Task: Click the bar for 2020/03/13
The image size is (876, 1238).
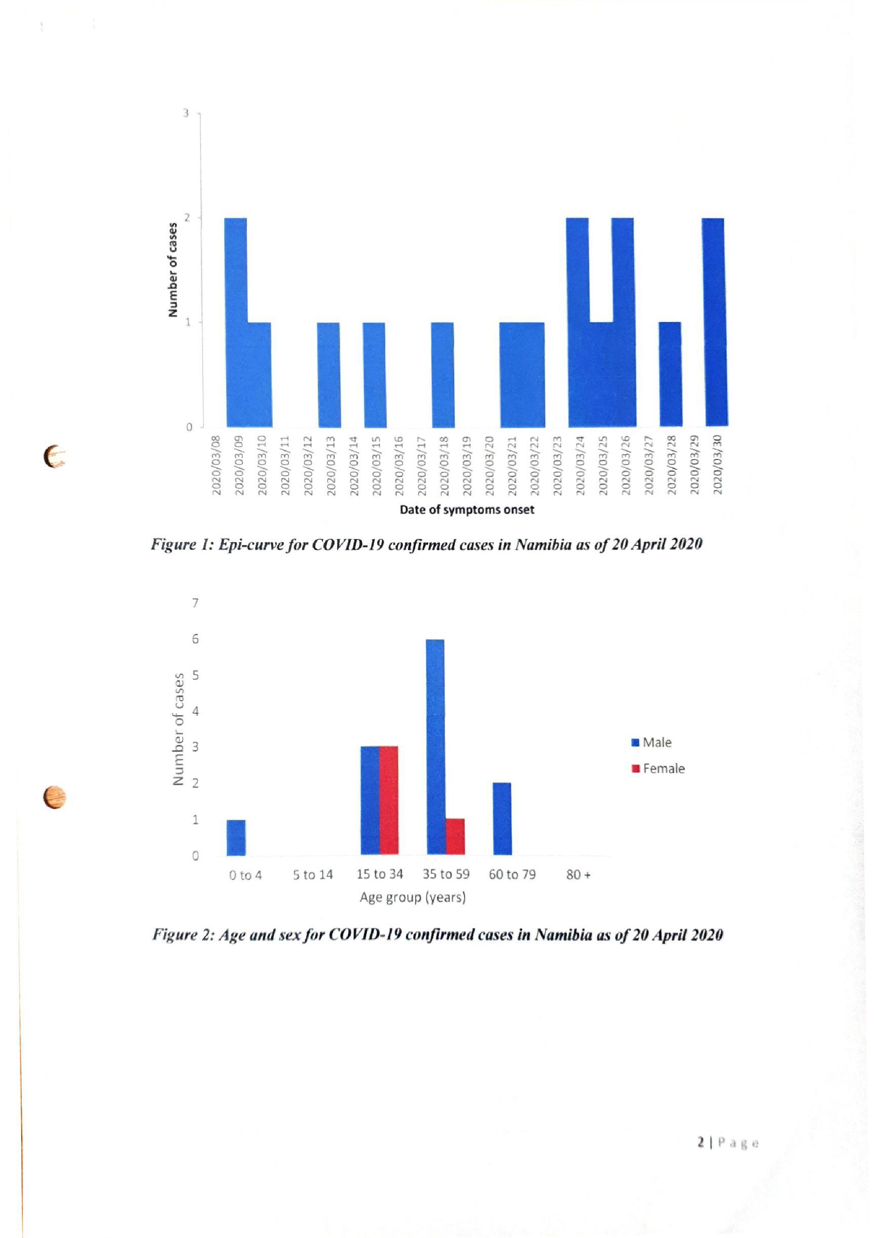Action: pyautogui.click(x=328, y=375)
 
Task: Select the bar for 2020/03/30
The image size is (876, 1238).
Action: pyautogui.click(x=714, y=322)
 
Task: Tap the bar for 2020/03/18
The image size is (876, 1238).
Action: pyautogui.click(x=442, y=375)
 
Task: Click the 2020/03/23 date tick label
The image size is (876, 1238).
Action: pyautogui.click(x=558, y=465)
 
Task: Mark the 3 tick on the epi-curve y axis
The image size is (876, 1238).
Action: pyautogui.click(x=186, y=113)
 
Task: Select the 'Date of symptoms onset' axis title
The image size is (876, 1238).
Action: pyautogui.click(x=467, y=510)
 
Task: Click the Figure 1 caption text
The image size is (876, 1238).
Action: pyautogui.click(x=426, y=544)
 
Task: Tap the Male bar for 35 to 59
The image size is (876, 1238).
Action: pyautogui.click(x=435, y=746)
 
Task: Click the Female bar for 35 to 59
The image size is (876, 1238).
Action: pyautogui.click(x=455, y=836)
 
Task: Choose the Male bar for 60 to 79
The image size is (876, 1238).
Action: pyautogui.click(x=502, y=819)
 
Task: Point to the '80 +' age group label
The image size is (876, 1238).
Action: pyautogui.click(x=578, y=875)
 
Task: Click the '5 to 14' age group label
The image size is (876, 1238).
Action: pyautogui.click(x=313, y=875)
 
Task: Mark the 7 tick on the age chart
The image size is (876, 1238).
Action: pyautogui.click(x=195, y=603)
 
